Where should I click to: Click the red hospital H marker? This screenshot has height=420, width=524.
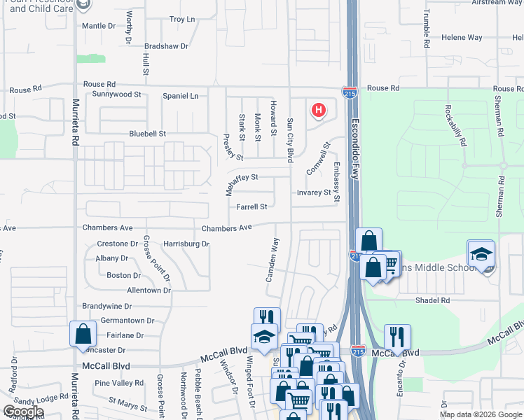coord(319,110)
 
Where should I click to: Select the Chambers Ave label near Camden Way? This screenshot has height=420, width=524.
coord(226,228)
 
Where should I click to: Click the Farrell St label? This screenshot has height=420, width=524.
coord(251,206)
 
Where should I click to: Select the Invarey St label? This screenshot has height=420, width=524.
coord(313,192)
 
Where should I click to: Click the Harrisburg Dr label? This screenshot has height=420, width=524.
coord(186,244)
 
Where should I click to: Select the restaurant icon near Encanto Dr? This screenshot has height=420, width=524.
coord(397,336)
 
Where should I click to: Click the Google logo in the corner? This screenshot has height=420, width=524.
coord(23,412)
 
